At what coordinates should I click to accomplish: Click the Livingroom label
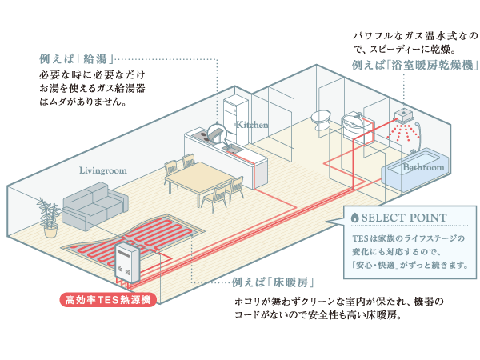pos(104,170)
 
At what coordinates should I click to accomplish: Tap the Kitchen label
pos(252,125)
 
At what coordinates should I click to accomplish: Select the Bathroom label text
pos(423,168)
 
